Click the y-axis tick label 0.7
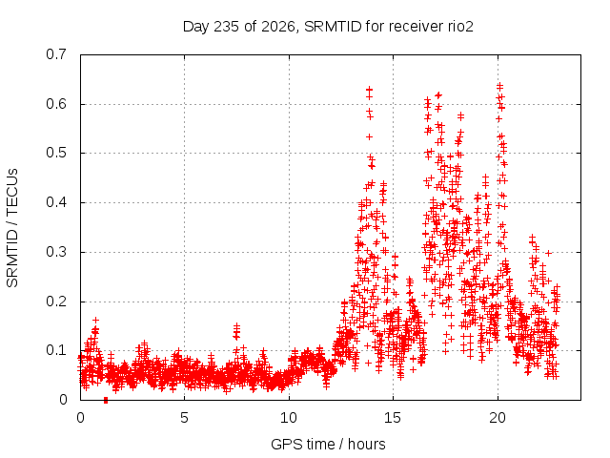click(x=56, y=54)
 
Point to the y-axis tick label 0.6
click(x=56, y=104)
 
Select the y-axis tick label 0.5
click(x=56, y=153)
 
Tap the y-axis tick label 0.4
click(x=56, y=202)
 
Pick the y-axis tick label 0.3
click(x=56, y=252)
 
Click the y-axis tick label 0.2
click(x=56, y=302)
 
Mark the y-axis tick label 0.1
click(x=56, y=350)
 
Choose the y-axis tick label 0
click(x=63, y=400)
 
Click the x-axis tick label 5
click(x=184, y=418)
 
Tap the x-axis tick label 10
click(x=288, y=418)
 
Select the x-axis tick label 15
click(x=393, y=418)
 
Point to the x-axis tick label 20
click(x=498, y=418)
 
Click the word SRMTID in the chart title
click(x=333, y=27)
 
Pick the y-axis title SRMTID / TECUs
click(x=12, y=228)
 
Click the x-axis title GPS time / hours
click(x=328, y=445)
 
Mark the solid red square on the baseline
click(x=106, y=401)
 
